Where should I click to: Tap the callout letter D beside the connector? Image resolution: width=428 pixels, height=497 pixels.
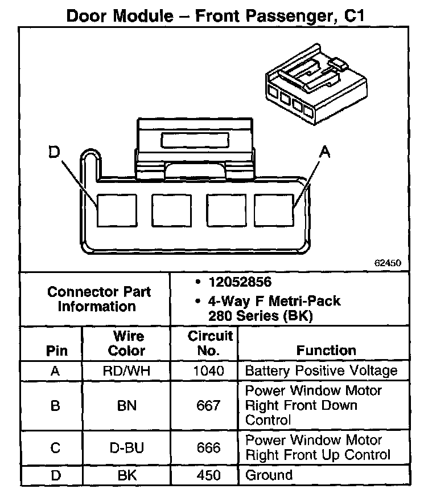[54, 153]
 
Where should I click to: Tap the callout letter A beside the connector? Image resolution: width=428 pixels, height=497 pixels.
[325, 151]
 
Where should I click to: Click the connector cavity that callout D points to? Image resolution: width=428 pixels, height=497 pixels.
[117, 210]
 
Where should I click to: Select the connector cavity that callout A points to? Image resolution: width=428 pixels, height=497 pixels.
[274, 210]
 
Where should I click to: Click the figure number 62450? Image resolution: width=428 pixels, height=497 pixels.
[388, 263]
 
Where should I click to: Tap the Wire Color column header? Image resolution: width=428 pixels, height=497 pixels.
[126, 343]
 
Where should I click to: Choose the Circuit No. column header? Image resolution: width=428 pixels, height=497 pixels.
[210, 343]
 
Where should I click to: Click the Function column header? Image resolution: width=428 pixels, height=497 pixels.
[326, 351]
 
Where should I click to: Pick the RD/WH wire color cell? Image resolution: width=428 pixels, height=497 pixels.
[126, 371]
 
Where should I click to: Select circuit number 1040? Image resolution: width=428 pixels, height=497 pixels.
[208, 371]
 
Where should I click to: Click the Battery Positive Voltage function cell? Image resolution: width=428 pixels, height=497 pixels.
[321, 371]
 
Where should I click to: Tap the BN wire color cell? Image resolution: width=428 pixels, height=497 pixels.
[126, 406]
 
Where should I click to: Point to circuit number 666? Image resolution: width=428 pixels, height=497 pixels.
[208, 448]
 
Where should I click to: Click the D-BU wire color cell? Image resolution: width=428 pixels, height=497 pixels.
[126, 448]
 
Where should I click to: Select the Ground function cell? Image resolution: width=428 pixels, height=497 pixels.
[269, 475]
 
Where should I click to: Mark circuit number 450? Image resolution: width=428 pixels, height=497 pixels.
[208, 475]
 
